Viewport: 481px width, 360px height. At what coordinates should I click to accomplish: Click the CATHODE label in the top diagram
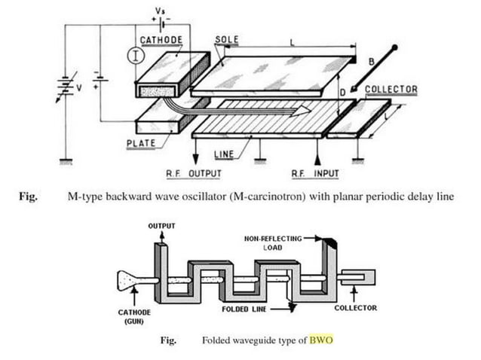coord(161,40)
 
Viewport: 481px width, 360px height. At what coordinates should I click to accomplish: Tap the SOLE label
coord(227,39)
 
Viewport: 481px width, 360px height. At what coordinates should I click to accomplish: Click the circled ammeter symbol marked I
coord(136,56)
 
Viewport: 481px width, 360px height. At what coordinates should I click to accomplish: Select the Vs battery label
coord(160,11)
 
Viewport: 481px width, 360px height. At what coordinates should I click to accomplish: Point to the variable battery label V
coord(79,88)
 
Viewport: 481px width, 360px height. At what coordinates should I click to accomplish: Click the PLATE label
coord(141,143)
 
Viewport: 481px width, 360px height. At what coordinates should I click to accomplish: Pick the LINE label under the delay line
coord(224,154)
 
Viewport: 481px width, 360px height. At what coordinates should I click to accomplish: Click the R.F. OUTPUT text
coord(194,173)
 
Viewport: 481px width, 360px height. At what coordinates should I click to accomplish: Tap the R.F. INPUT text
coord(315,173)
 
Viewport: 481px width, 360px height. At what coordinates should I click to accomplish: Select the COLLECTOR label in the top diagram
coord(391,89)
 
